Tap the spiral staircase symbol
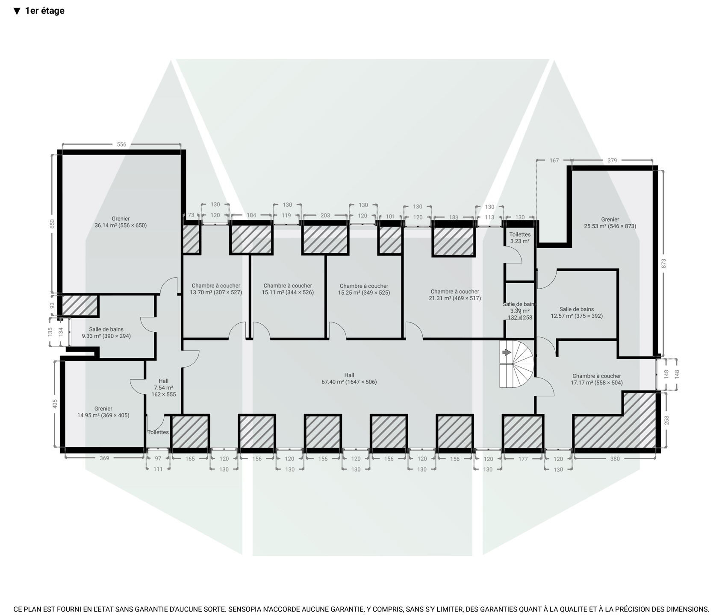tap(517, 363)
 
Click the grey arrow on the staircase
tap(507, 352)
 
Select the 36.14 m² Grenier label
tap(121, 222)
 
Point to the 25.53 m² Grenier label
tap(610, 223)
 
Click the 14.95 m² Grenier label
tap(103, 412)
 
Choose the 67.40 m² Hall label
tap(349, 379)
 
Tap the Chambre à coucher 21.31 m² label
tap(455, 295)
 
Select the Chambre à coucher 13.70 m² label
tap(216, 289)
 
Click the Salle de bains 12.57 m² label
tap(577, 313)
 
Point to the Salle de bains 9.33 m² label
tap(106, 333)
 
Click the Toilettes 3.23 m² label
tap(520, 238)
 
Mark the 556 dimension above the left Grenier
tap(121, 144)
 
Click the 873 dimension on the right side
tap(664, 264)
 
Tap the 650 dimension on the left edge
tap(52, 224)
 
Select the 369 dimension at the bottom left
tap(104, 458)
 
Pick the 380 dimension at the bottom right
tap(615, 459)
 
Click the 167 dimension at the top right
tap(554, 161)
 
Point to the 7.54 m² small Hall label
tap(164, 388)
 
